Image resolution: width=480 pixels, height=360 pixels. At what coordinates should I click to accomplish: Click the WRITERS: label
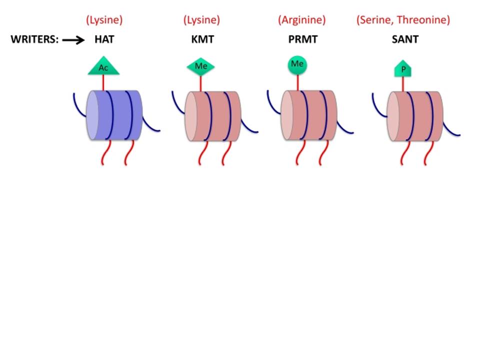click(34, 39)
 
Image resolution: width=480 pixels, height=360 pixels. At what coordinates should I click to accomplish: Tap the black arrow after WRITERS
click(73, 40)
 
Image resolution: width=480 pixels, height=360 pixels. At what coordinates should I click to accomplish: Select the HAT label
click(104, 39)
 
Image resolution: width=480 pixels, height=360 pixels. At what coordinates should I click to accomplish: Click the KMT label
click(202, 39)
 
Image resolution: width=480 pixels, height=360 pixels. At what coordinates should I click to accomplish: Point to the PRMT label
click(303, 39)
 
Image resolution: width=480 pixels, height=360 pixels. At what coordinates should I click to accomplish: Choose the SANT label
click(405, 39)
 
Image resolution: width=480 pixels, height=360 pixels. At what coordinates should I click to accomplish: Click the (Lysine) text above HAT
click(104, 20)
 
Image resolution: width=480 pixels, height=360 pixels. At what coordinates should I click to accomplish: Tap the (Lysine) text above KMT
click(201, 20)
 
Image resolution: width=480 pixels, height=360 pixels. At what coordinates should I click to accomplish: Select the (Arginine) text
click(302, 20)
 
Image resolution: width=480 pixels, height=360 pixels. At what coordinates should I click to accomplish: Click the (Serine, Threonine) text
click(403, 20)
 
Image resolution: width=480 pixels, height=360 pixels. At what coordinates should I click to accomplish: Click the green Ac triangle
click(103, 66)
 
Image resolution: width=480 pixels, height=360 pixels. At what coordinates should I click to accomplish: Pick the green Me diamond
click(201, 66)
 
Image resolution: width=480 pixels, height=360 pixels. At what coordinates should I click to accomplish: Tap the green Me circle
click(297, 65)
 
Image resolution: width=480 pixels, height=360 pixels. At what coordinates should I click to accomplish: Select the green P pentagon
click(403, 69)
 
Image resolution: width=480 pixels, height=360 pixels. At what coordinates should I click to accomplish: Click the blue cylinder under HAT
click(114, 115)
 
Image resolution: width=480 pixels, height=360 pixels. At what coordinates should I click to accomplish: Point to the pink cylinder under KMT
click(213, 116)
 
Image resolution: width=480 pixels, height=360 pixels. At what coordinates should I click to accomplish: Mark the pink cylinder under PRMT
click(309, 115)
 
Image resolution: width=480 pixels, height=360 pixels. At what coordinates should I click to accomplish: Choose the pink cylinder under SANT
click(415, 116)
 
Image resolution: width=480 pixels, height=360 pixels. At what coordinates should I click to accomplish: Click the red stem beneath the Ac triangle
click(103, 82)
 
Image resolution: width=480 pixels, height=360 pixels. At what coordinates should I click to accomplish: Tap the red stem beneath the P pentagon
click(403, 84)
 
